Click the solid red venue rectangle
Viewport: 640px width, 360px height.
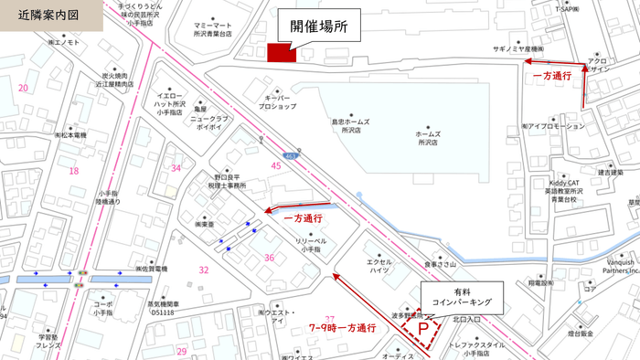(x=280, y=54)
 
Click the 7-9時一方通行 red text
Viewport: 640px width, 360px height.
(x=344, y=327)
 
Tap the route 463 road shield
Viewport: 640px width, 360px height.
(x=289, y=155)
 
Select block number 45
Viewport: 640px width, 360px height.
(x=276, y=165)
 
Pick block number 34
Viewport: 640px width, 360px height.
(x=176, y=168)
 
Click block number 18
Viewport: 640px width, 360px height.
(x=74, y=170)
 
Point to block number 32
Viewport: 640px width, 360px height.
(x=204, y=270)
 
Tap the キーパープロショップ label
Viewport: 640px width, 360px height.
(x=281, y=101)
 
